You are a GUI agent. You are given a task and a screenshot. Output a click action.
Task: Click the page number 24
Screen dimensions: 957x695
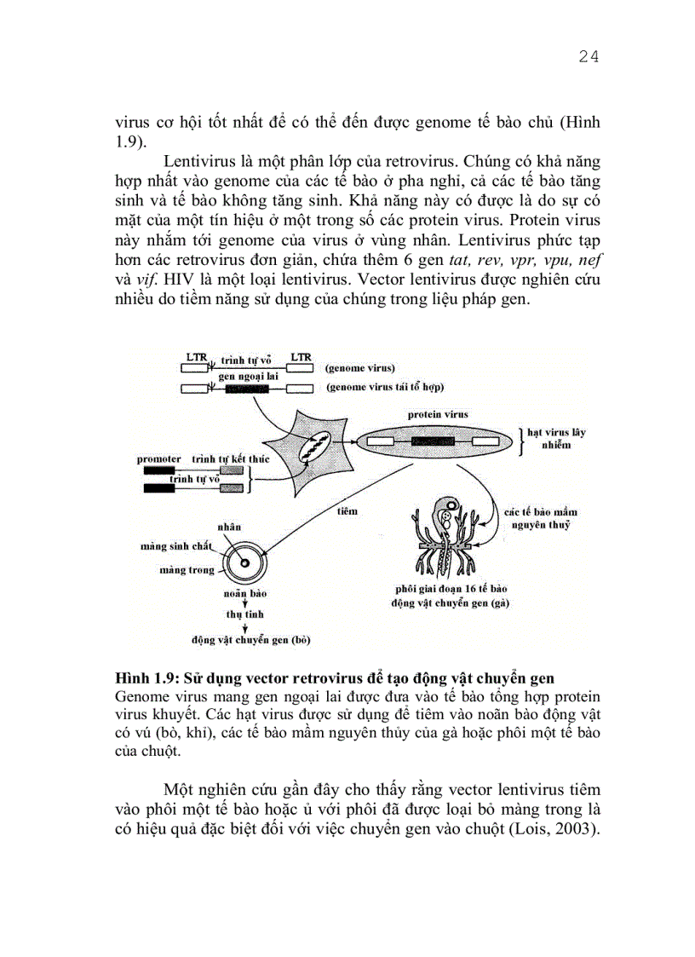click(589, 57)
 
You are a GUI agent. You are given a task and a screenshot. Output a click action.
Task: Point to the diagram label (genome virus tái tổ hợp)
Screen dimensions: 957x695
click(385, 389)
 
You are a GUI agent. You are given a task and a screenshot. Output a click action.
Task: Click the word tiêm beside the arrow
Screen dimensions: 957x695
click(347, 510)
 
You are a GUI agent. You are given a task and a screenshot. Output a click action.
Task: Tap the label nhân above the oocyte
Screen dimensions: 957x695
click(226, 528)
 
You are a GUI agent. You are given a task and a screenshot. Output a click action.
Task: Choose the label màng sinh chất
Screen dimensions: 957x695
click(175, 546)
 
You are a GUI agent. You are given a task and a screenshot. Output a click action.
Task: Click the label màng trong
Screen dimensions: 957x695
click(187, 569)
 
